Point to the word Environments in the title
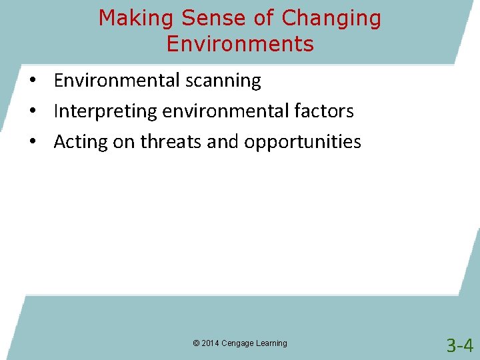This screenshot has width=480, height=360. pyautogui.click(x=240, y=44)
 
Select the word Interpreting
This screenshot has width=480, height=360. pyautogui.click(x=105, y=111)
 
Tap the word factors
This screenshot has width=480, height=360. pyautogui.click(x=327, y=111)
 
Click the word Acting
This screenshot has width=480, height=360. pyautogui.click(x=78, y=142)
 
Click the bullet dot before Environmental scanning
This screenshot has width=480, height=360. pyautogui.click(x=32, y=81)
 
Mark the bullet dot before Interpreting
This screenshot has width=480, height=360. pyautogui.click(x=32, y=112)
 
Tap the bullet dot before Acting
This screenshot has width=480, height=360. pyautogui.click(x=32, y=143)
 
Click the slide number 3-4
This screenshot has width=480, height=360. pyautogui.click(x=459, y=345)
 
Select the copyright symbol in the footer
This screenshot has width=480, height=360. pyautogui.click(x=196, y=343)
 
